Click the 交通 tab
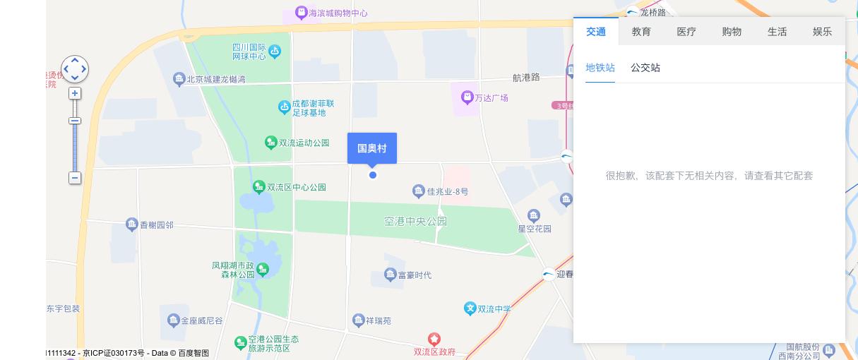point(596,32)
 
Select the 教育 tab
point(641,32)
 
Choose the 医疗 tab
point(686,32)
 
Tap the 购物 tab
point(732,32)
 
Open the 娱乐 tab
point(822,32)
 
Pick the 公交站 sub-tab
point(645,68)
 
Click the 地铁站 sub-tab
point(600,68)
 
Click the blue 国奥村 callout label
point(372,148)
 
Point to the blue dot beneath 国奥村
point(373,175)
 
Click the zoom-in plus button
point(75,93)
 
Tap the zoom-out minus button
point(75,178)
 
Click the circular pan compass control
point(75,69)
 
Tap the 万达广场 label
point(491,97)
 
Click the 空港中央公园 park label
point(415,221)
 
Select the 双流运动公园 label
point(304,143)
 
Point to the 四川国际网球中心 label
point(249,51)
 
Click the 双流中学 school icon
point(470,308)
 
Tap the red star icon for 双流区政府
point(434,340)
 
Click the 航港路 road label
point(526,77)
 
